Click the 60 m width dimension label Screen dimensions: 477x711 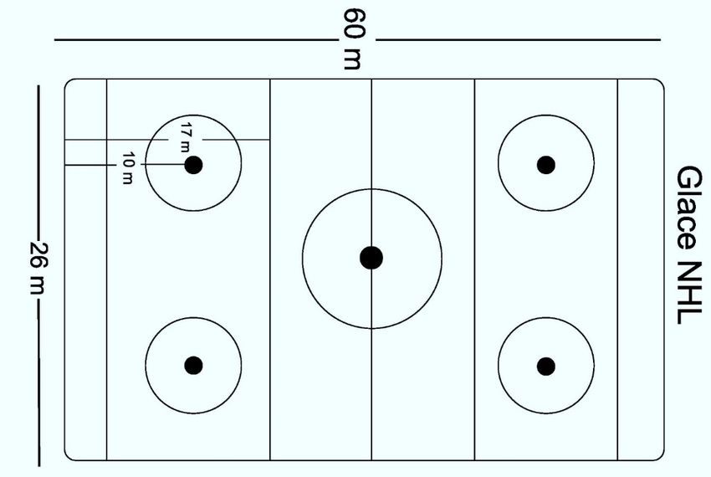tap(354, 38)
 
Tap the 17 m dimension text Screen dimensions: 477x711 tap(186, 135)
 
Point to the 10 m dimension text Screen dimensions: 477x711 tap(127, 167)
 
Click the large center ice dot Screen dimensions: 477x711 tap(371, 258)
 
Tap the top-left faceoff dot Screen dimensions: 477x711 tap(193, 165)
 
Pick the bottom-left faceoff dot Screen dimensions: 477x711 tap(193, 365)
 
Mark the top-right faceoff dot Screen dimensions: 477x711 tap(545, 165)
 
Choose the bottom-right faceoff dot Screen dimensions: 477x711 tap(545, 366)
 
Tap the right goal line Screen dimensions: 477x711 tap(617, 268)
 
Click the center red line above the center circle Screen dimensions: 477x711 tap(371, 134)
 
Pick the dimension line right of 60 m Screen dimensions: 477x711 tap(519, 39)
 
